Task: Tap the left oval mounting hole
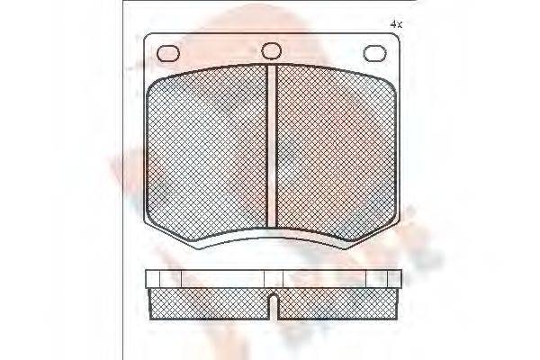coord(168,53)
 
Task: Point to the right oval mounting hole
coord(374,53)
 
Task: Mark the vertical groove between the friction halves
coord(271,148)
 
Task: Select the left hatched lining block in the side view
coord(207,303)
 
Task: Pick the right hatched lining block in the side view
coord(337,303)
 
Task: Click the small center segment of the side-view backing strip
coord(272,278)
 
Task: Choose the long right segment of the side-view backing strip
coord(324,278)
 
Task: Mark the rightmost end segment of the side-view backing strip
coord(394,278)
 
